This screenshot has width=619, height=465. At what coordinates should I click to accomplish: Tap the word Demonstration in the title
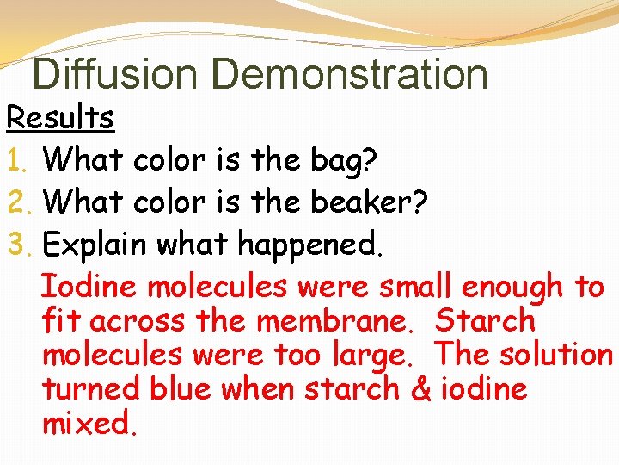(x=349, y=74)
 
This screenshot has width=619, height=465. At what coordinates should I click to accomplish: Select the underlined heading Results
(x=60, y=118)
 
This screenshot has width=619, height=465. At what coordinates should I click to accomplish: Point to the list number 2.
(x=18, y=201)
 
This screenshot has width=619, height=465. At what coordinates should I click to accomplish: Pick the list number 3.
(x=18, y=245)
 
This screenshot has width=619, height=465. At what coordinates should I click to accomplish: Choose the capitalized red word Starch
(x=485, y=320)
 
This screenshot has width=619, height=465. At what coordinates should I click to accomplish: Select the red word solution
(x=558, y=355)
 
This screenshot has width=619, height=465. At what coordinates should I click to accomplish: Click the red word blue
(x=182, y=389)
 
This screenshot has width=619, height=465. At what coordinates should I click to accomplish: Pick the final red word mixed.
(x=89, y=424)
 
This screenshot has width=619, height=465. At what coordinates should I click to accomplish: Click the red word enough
(x=507, y=286)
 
